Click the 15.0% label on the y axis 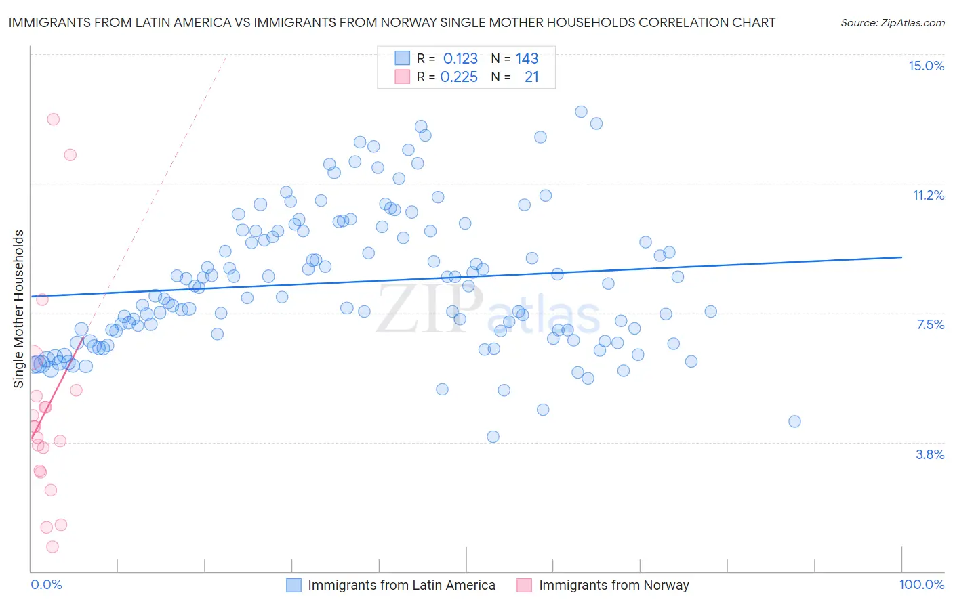(x=926, y=66)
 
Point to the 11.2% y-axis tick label (x=928, y=195)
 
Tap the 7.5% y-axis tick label (x=930, y=324)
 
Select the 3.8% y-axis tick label (x=930, y=454)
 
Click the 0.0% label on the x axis (x=46, y=584)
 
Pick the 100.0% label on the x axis (x=921, y=584)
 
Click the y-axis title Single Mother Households (x=19, y=309)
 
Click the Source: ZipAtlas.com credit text (x=892, y=23)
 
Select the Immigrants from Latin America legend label (x=401, y=585)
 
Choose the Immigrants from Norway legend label (x=613, y=585)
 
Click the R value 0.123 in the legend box (x=460, y=59)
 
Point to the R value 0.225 (x=459, y=77)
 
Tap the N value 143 (x=527, y=59)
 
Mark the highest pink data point (x=53, y=119)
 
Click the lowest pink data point (x=52, y=546)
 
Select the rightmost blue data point (x=794, y=421)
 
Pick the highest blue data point (x=581, y=112)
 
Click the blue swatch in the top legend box (x=403, y=58)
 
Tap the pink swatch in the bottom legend (x=524, y=585)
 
